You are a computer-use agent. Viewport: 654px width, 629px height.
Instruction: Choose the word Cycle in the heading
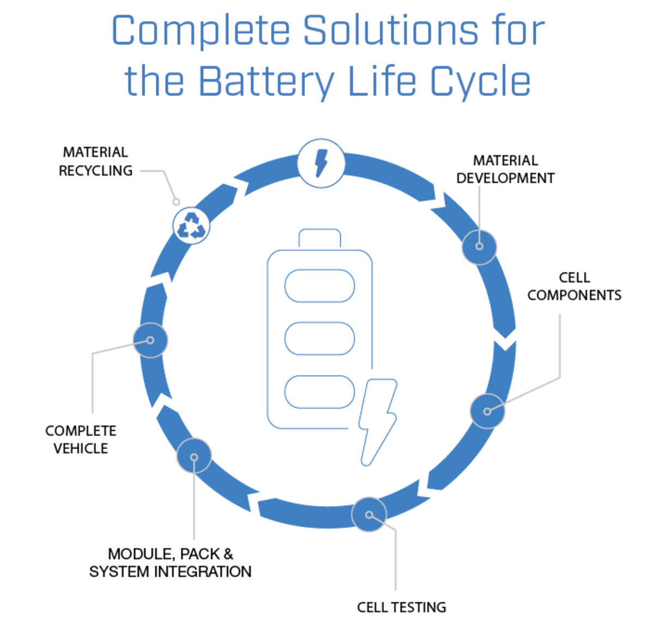pyautogui.click(x=480, y=82)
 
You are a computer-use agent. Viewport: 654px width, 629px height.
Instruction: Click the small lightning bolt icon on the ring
pyautogui.click(x=321, y=163)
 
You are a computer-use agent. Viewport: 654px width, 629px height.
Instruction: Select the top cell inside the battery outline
pyautogui.click(x=319, y=286)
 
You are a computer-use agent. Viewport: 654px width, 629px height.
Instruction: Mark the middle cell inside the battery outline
pyautogui.click(x=319, y=338)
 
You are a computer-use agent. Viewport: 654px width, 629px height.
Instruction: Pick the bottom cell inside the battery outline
pyautogui.click(x=319, y=391)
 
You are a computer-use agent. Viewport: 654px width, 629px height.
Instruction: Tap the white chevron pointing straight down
pyautogui.click(x=505, y=337)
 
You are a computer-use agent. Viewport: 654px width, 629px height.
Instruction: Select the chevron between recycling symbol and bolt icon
pyautogui.click(x=235, y=189)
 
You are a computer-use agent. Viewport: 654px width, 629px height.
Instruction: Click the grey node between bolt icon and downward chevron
pyautogui.click(x=480, y=246)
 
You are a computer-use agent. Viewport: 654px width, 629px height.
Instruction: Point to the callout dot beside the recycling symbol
pyautogui.click(x=175, y=202)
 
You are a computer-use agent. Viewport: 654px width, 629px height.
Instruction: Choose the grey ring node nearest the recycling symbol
pyautogui.click(x=150, y=340)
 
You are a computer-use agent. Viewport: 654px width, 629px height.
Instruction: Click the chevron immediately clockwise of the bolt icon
pyautogui.click(x=433, y=197)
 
